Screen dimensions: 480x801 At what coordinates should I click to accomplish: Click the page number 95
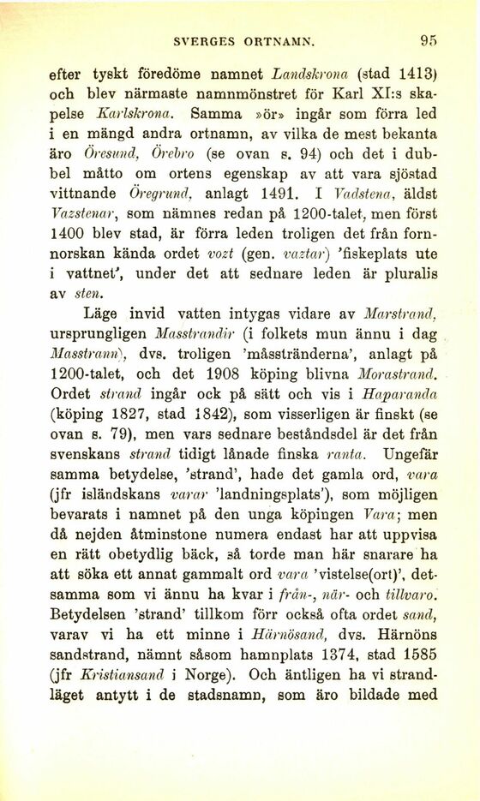coord(429,39)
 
